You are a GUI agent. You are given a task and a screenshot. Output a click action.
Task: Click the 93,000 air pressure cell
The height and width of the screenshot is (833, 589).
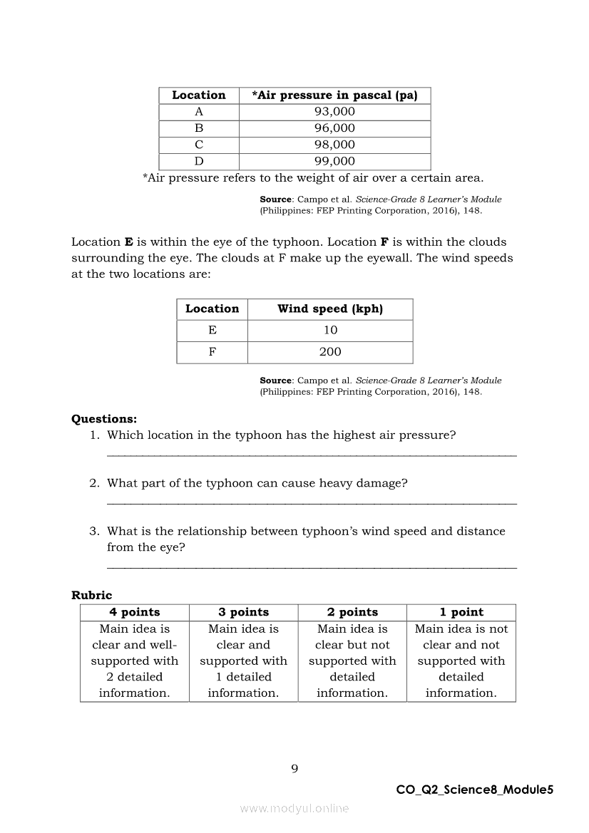point(334,112)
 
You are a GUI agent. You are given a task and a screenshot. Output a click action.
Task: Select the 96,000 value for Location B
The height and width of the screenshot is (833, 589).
point(334,128)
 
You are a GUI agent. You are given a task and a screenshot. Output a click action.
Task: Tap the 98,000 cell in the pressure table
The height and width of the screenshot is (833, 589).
point(334,145)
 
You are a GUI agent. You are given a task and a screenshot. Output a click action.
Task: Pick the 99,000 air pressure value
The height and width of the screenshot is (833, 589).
point(334,161)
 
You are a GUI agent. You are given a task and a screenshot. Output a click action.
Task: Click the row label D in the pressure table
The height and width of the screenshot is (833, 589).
point(199,161)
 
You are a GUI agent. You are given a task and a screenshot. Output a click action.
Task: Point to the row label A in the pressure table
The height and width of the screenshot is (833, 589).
point(199,112)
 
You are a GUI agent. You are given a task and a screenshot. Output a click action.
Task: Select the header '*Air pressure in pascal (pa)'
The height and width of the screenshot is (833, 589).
point(334,95)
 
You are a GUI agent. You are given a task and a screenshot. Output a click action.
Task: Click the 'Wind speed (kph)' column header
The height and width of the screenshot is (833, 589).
point(330,309)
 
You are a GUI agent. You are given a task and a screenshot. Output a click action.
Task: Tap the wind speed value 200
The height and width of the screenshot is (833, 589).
point(330,352)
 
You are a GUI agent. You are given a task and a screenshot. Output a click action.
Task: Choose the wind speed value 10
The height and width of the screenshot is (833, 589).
point(330,331)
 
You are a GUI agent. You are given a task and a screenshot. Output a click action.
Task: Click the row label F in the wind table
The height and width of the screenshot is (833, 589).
point(212,352)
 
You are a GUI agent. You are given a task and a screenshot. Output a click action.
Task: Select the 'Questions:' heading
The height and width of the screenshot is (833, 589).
point(104,419)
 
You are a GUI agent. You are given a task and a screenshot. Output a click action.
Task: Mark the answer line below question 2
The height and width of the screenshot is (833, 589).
point(312,503)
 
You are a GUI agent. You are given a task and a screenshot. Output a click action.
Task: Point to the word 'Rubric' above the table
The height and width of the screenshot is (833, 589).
point(92,596)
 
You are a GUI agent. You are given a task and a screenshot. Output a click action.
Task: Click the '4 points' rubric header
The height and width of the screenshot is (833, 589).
point(135,613)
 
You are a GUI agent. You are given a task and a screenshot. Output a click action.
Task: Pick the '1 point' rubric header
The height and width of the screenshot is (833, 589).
point(461,613)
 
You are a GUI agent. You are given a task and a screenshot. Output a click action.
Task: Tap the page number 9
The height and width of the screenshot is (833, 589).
point(294,768)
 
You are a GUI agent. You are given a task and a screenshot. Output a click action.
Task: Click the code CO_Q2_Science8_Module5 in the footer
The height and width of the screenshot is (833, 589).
point(474,790)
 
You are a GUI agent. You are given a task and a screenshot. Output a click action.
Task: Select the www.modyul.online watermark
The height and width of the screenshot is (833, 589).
point(294,809)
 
